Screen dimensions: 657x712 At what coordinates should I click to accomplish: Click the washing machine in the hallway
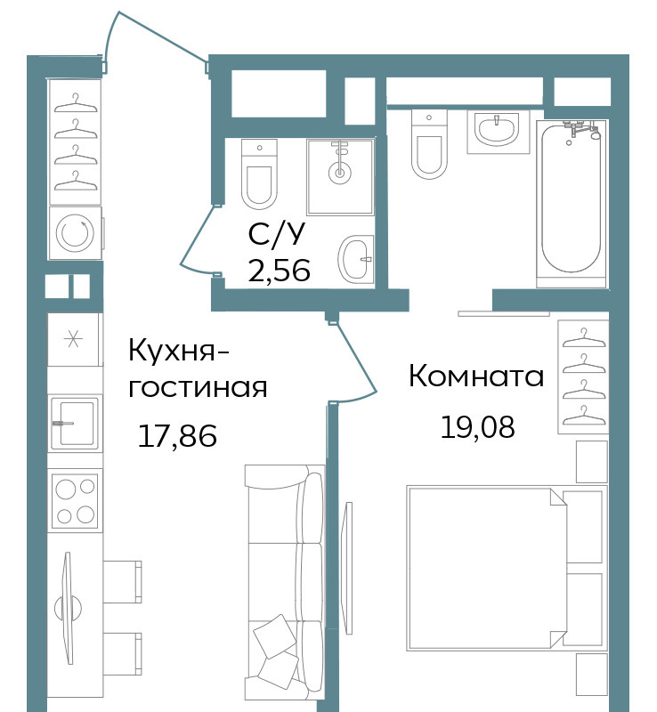pos(76,233)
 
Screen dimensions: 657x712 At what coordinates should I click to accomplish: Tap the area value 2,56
pos(279,271)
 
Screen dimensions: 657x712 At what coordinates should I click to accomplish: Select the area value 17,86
pos(177,436)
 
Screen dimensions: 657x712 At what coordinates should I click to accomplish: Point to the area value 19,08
pos(477,427)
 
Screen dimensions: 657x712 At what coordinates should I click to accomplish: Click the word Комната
pos(476,376)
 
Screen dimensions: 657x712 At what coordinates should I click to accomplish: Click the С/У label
pos(276,234)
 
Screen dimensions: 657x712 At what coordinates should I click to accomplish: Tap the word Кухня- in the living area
pos(179,352)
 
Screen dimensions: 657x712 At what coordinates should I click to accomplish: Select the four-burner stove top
pos(75,500)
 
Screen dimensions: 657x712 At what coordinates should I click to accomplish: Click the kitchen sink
pos(75,424)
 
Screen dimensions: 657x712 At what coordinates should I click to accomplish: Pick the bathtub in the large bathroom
pos(572,204)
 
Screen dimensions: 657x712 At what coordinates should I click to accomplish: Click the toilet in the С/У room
pos(259,174)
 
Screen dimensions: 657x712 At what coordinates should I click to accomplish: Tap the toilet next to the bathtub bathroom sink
pos(429,144)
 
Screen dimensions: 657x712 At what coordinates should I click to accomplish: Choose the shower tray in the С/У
pos(340,176)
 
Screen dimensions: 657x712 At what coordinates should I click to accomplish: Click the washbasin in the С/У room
pos(356,259)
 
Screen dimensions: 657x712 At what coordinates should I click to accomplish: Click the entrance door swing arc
pos(155,34)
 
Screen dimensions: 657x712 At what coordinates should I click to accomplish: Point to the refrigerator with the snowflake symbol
pos(74,339)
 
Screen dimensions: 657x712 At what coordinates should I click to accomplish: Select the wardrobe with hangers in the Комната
pos(583,376)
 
